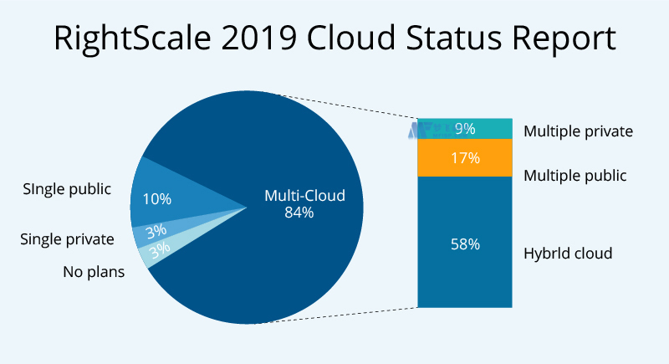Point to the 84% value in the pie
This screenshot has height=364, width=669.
pos(299,213)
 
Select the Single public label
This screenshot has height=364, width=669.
pos(67,188)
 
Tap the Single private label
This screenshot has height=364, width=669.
pos(67,239)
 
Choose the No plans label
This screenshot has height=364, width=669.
pos(94,271)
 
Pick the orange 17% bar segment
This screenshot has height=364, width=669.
pos(464,158)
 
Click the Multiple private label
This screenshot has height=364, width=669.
pos(578,131)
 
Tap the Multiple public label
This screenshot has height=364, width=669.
pos(575,176)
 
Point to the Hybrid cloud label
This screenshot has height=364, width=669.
pos(568,253)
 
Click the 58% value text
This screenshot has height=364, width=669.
pos(464,244)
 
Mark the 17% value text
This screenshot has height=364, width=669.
pos(464,158)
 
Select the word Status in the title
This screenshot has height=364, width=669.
pos(457,38)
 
